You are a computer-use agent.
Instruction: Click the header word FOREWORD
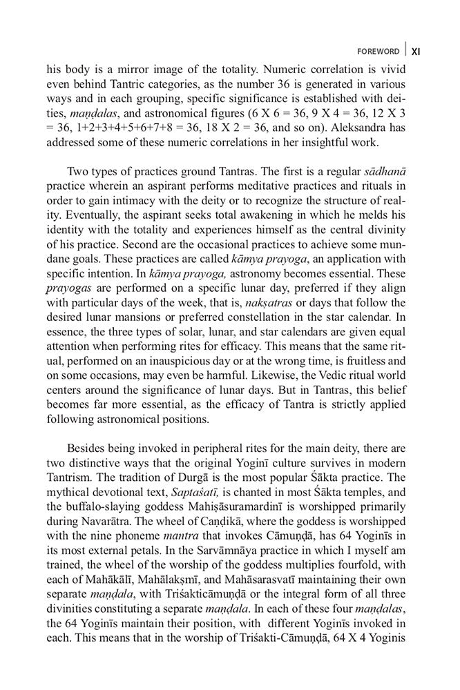[378, 51]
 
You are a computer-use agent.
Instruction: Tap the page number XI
[416, 51]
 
